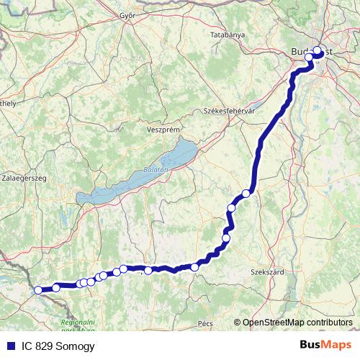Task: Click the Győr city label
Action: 127,16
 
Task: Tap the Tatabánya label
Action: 228,35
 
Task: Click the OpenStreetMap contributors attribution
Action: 297,322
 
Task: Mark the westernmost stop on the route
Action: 38,290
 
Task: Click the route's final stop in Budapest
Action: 317,51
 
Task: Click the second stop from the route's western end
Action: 56,287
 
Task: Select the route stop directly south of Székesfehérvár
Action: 246,193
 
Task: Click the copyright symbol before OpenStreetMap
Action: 238,322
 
